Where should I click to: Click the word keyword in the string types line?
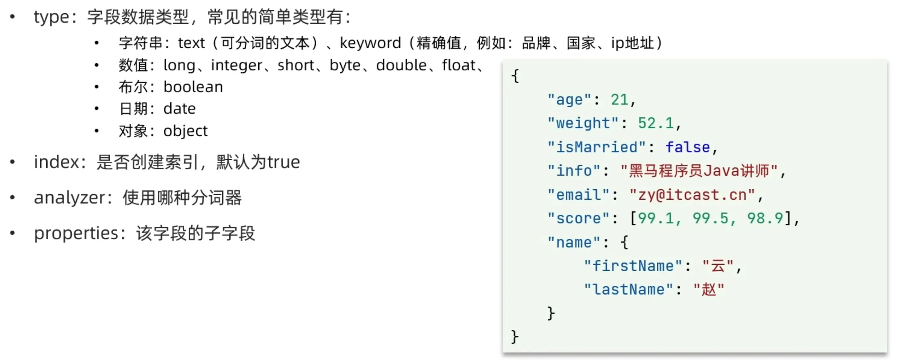370,43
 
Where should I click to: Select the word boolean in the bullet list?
193,87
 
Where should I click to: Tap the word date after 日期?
179,109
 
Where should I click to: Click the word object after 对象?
185,131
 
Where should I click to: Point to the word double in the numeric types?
401,65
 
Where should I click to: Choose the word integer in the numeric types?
236,65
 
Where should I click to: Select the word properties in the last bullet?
76,233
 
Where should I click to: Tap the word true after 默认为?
284,162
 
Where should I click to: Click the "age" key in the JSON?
569,100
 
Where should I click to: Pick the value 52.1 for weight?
656,123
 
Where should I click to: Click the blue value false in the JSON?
687,147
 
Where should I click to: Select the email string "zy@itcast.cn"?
692,195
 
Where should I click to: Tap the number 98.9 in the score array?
765,219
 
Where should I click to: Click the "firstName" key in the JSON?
633,266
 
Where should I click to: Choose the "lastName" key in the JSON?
628,290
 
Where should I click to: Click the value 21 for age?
619,100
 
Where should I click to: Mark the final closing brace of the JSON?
515,337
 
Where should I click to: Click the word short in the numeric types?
296,65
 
